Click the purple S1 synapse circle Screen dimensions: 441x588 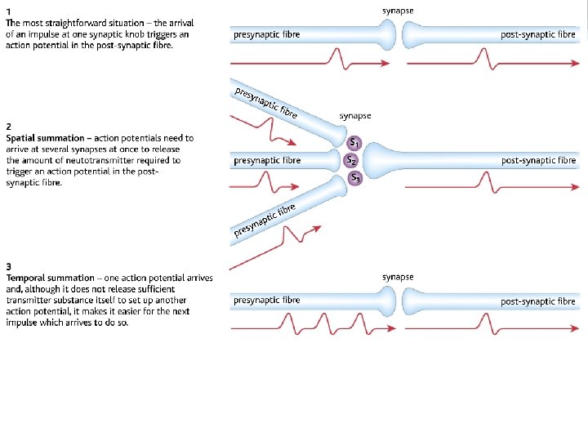click(355, 143)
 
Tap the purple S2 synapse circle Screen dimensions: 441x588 click(351, 160)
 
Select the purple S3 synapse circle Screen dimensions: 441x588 click(355, 177)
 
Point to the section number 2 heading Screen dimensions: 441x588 click(8, 127)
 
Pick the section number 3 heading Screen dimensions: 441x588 click(8, 267)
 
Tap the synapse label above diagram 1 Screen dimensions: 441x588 click(398, 10)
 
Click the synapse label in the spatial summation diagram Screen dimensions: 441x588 click(355, 117)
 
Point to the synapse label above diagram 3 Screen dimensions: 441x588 click(398, 277)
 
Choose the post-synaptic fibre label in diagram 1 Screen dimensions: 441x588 click(538, 35)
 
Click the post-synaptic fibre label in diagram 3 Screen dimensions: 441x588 click(538, 301)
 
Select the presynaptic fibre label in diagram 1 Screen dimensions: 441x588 click(266, 35)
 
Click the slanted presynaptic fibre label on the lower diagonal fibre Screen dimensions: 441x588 click(264, 220)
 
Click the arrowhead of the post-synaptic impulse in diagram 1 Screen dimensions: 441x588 click(574, 60)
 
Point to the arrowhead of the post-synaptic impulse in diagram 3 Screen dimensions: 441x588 click(574, 327)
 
